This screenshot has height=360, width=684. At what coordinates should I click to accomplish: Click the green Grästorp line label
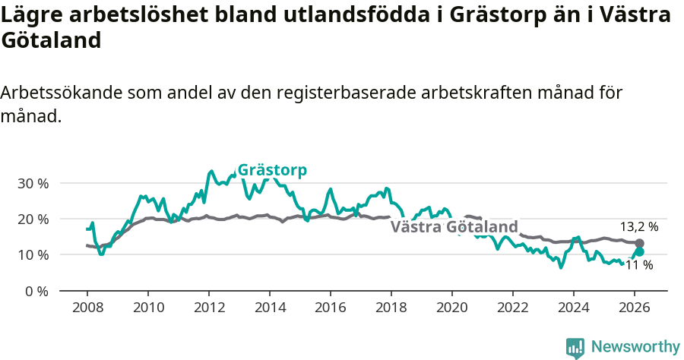pos(272,170)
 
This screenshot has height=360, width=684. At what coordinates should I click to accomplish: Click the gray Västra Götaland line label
pos(454,227)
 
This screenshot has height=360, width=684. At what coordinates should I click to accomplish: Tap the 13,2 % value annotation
pos(638,226)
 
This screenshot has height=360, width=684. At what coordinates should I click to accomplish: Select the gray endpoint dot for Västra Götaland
pos(639,243)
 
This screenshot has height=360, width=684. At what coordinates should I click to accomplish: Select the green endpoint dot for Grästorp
pos(639,251)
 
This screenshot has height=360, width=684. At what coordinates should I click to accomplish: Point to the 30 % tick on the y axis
pos(33,183)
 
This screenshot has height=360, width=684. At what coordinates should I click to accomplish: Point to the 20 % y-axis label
pos(33,219)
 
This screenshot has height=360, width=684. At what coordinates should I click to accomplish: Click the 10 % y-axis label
pos(33,254)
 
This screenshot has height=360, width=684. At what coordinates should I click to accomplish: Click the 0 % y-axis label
pos(36,291)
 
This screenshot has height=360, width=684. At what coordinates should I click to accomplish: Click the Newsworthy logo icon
pos(575,347)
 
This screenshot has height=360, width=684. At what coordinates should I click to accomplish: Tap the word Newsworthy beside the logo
pos(635,346)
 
